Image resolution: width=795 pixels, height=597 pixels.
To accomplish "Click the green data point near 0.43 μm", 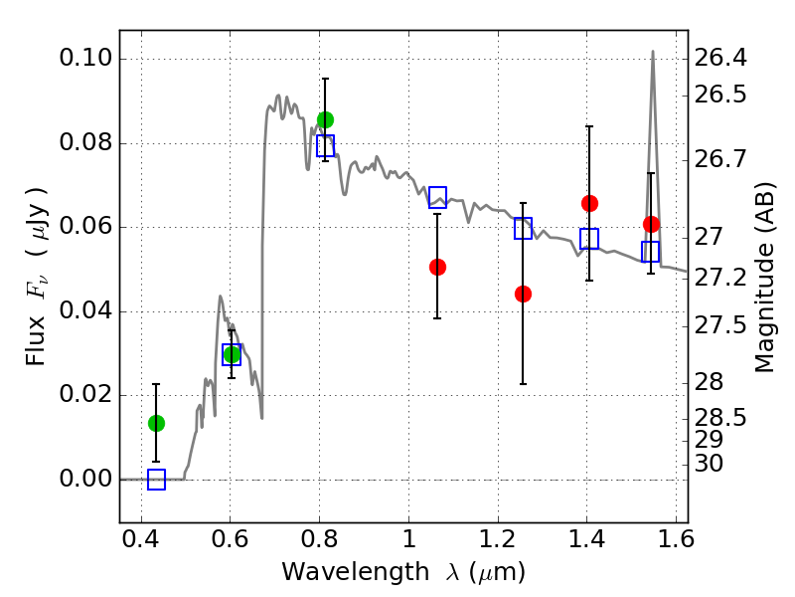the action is pos(156,423).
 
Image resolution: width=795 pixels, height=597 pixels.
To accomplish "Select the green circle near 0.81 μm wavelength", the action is pos(325,119).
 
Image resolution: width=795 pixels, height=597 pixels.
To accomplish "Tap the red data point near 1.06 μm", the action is pos(437,267).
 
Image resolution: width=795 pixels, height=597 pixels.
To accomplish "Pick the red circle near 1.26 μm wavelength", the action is pos(523,294).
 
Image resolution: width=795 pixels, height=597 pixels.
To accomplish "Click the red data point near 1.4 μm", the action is pos(589,204).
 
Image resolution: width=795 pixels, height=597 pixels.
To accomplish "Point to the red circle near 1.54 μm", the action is pos(651,224).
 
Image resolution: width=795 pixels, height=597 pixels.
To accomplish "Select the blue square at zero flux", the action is pos(156,480).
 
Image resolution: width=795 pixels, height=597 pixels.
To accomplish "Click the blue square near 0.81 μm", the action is pos(325,145).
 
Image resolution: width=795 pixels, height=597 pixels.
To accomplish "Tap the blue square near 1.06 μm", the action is pos(437,197).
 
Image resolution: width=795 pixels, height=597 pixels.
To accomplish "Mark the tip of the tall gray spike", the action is pos(653,51).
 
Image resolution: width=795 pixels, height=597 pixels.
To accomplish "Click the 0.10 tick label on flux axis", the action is pos(85,58).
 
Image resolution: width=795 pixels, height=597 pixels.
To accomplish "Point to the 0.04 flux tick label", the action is pos(85,310).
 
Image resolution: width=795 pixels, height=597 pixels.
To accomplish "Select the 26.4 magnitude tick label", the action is pos(719,58).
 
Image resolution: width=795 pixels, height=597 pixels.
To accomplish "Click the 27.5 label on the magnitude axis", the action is pos(719,325).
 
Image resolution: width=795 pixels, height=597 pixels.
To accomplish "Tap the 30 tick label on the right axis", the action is pos(709,464).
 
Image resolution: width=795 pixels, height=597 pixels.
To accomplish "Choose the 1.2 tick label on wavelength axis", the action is pos(498,539).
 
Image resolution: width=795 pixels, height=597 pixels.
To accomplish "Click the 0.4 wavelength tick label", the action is pos(141,539).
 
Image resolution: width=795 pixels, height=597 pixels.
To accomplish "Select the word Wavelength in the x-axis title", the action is pos(356,572).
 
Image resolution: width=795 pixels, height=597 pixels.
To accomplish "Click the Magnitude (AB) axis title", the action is pos(764,278).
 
